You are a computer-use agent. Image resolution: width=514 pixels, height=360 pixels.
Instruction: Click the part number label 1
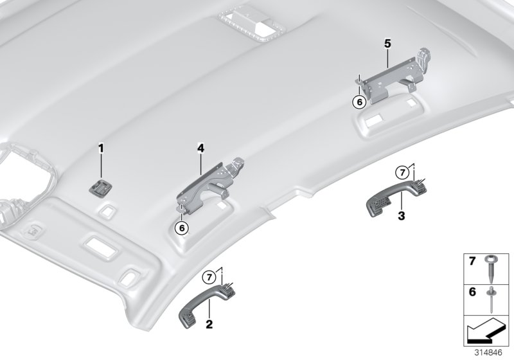(x=100, y=148)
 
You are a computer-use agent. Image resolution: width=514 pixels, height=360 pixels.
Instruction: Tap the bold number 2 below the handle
(x=209, y=323)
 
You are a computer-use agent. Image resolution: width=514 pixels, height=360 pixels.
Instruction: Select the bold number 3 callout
(x=401, y=216)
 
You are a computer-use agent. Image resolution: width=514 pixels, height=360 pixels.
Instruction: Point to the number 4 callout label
(x=200, y=148)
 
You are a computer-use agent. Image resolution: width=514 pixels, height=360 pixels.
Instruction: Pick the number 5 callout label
(x=387, y=44)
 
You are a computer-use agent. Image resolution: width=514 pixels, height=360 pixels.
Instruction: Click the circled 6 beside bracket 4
(x=183, y=227)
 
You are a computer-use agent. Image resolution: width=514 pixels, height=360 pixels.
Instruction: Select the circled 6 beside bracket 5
(x=360, y=101)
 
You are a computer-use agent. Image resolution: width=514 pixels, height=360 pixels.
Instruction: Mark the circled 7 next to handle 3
(x=401, y=172)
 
